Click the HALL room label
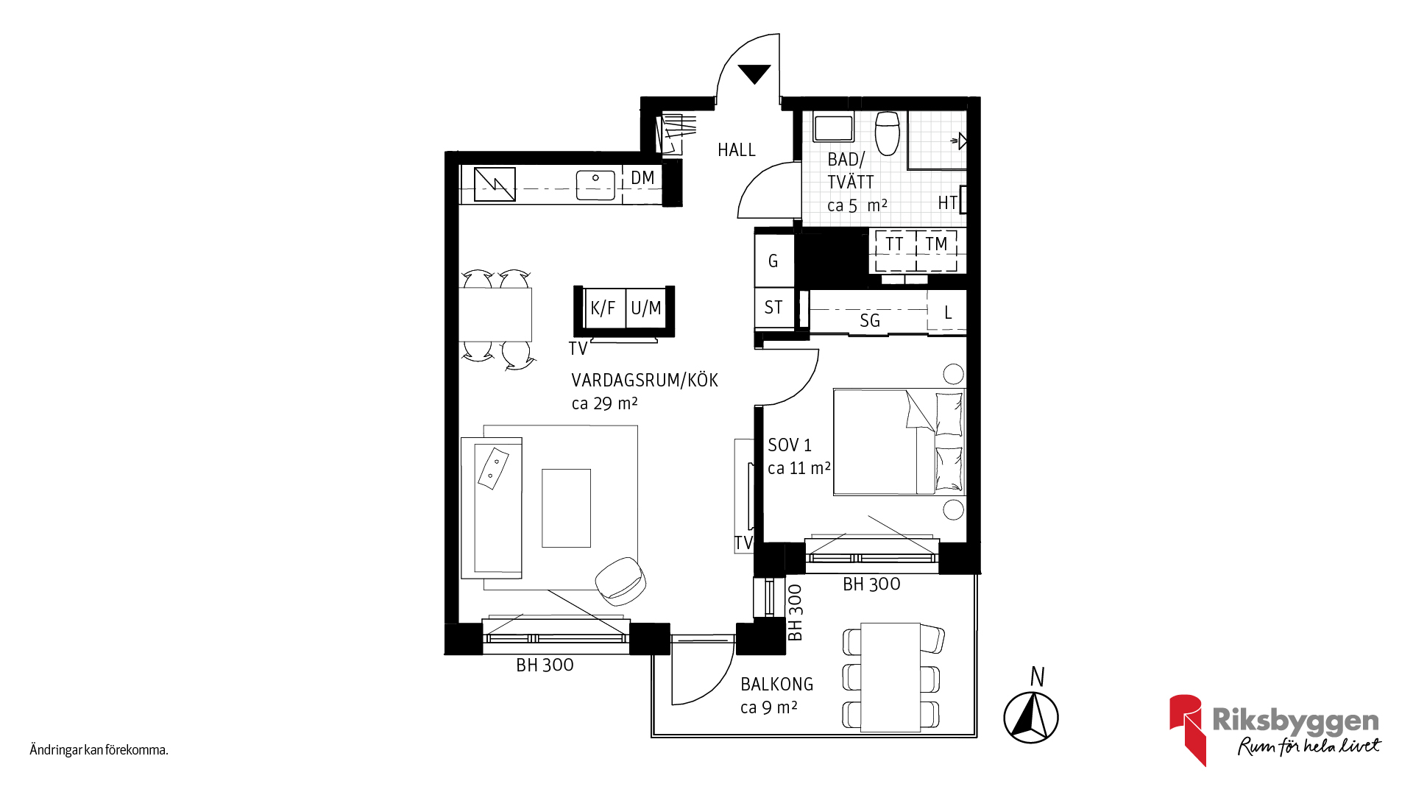point(737,150)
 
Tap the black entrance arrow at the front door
point(754,74)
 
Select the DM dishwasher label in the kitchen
point(642,178)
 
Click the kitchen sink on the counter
point(595,185)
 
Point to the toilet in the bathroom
point(888,133)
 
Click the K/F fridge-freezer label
point(603,308)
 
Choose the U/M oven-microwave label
point(646,308)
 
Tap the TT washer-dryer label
point(894,244)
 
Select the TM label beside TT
point(936,244)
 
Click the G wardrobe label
point(773,261)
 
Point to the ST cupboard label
point(773,308)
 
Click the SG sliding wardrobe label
point(870,321)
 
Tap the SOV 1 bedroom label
point(790,445)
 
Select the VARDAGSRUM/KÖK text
point(645,381)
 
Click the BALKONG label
point(777,685)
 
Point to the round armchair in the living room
point(620,578)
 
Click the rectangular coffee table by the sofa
point(566,508)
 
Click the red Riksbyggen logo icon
point(1186,729)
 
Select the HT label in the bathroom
point(947,203)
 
